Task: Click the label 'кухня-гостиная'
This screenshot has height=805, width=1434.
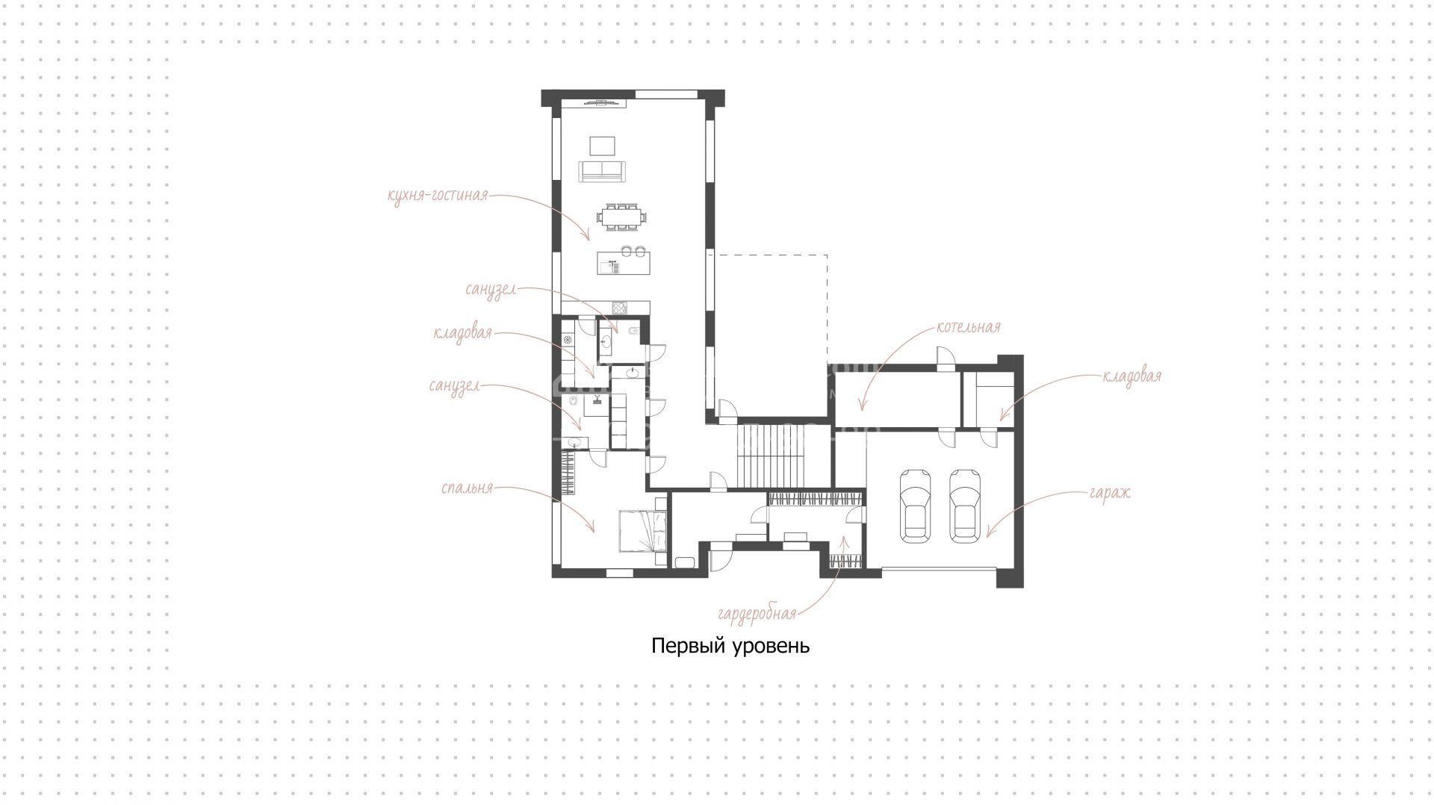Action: (x=438, y=196)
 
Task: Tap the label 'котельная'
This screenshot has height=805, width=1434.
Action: (x=968, y=327)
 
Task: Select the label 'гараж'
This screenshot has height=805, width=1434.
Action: (x=1110, y=494)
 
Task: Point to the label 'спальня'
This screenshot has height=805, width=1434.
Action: (x=468, y=488)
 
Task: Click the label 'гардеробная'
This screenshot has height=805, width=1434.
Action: (x=757, y=615)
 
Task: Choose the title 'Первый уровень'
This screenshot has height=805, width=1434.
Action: (x=730, y=645)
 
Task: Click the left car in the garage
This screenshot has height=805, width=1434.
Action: (x=916, y=505)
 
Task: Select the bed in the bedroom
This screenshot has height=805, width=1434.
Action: (x=642, y=531)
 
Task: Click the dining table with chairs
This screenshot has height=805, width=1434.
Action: (x=622, y=217)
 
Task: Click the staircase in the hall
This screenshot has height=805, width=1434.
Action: (x=783, y=455)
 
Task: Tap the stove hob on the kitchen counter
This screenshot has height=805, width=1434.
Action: (x=619, y=308)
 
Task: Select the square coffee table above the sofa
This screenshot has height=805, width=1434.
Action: (x=602, y=145)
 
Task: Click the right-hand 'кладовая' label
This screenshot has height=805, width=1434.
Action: (x=1132, y=376)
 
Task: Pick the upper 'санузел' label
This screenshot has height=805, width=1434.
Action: (x=491, y=290)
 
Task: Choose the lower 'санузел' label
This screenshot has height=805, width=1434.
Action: (x=454, y=387)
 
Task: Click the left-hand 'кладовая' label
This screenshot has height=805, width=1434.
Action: (x=463, y=333)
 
